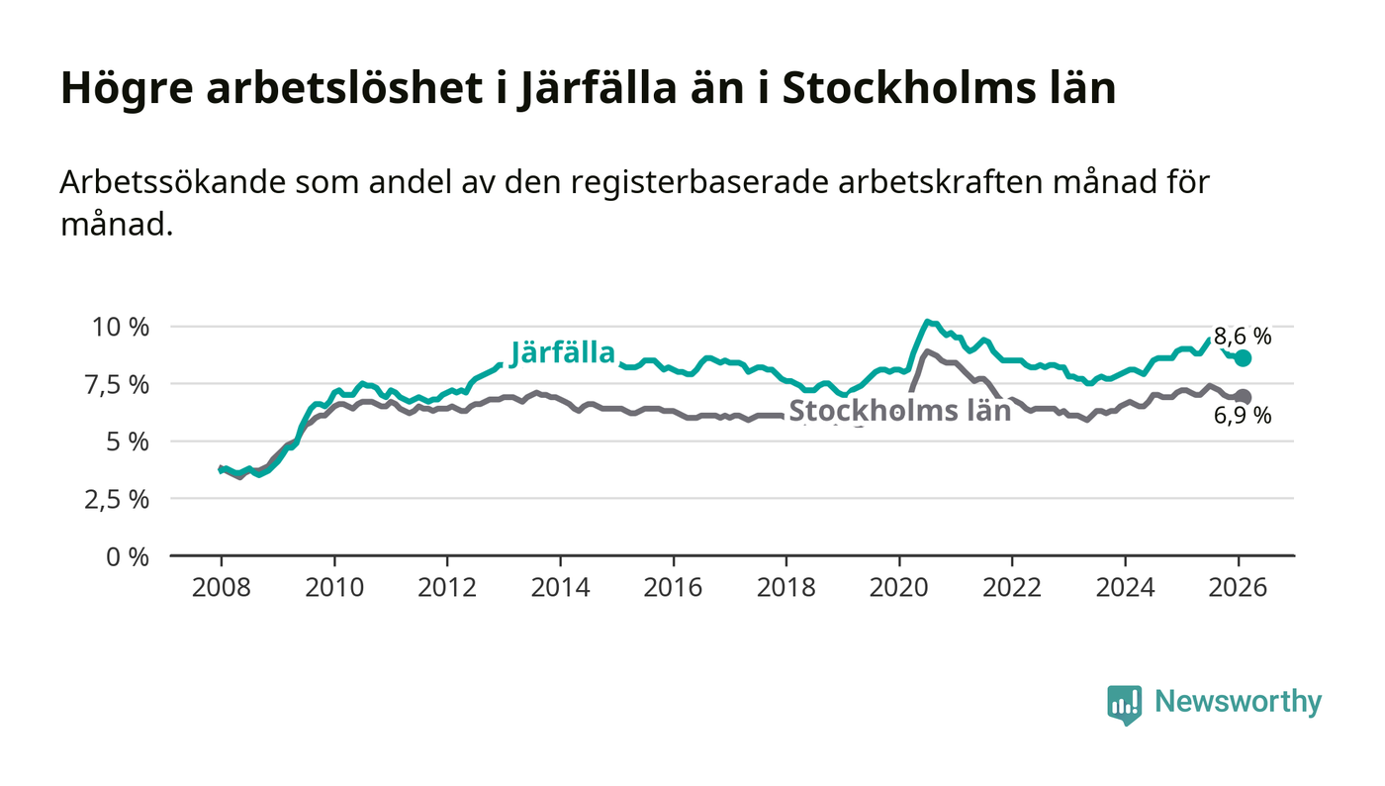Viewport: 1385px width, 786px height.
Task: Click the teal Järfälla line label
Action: tap(563, 353)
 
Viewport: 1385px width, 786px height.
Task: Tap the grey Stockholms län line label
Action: tap(899, 411)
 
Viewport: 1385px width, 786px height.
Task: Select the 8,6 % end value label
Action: tap(1243, 337)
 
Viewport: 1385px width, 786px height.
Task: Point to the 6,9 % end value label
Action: tap(1243, 416)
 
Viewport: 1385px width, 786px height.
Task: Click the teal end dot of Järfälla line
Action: tap(1244, 358)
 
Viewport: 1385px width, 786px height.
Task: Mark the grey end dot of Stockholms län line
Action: tap(1244, 397)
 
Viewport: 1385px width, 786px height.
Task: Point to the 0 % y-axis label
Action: tap(129, 556)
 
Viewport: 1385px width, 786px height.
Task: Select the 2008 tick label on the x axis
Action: tap(221, 587)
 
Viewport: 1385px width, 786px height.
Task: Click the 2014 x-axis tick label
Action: tap(560, 587)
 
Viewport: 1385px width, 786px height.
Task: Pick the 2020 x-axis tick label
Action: tap(899, 587)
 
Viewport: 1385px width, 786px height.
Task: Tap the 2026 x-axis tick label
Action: tap(1239, 587)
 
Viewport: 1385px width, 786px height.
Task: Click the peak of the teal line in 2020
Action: tap(926, 321)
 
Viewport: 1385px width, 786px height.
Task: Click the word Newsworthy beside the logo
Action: tap(1238, 702)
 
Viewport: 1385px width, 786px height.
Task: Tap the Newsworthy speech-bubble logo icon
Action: tap(1124, 704)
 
